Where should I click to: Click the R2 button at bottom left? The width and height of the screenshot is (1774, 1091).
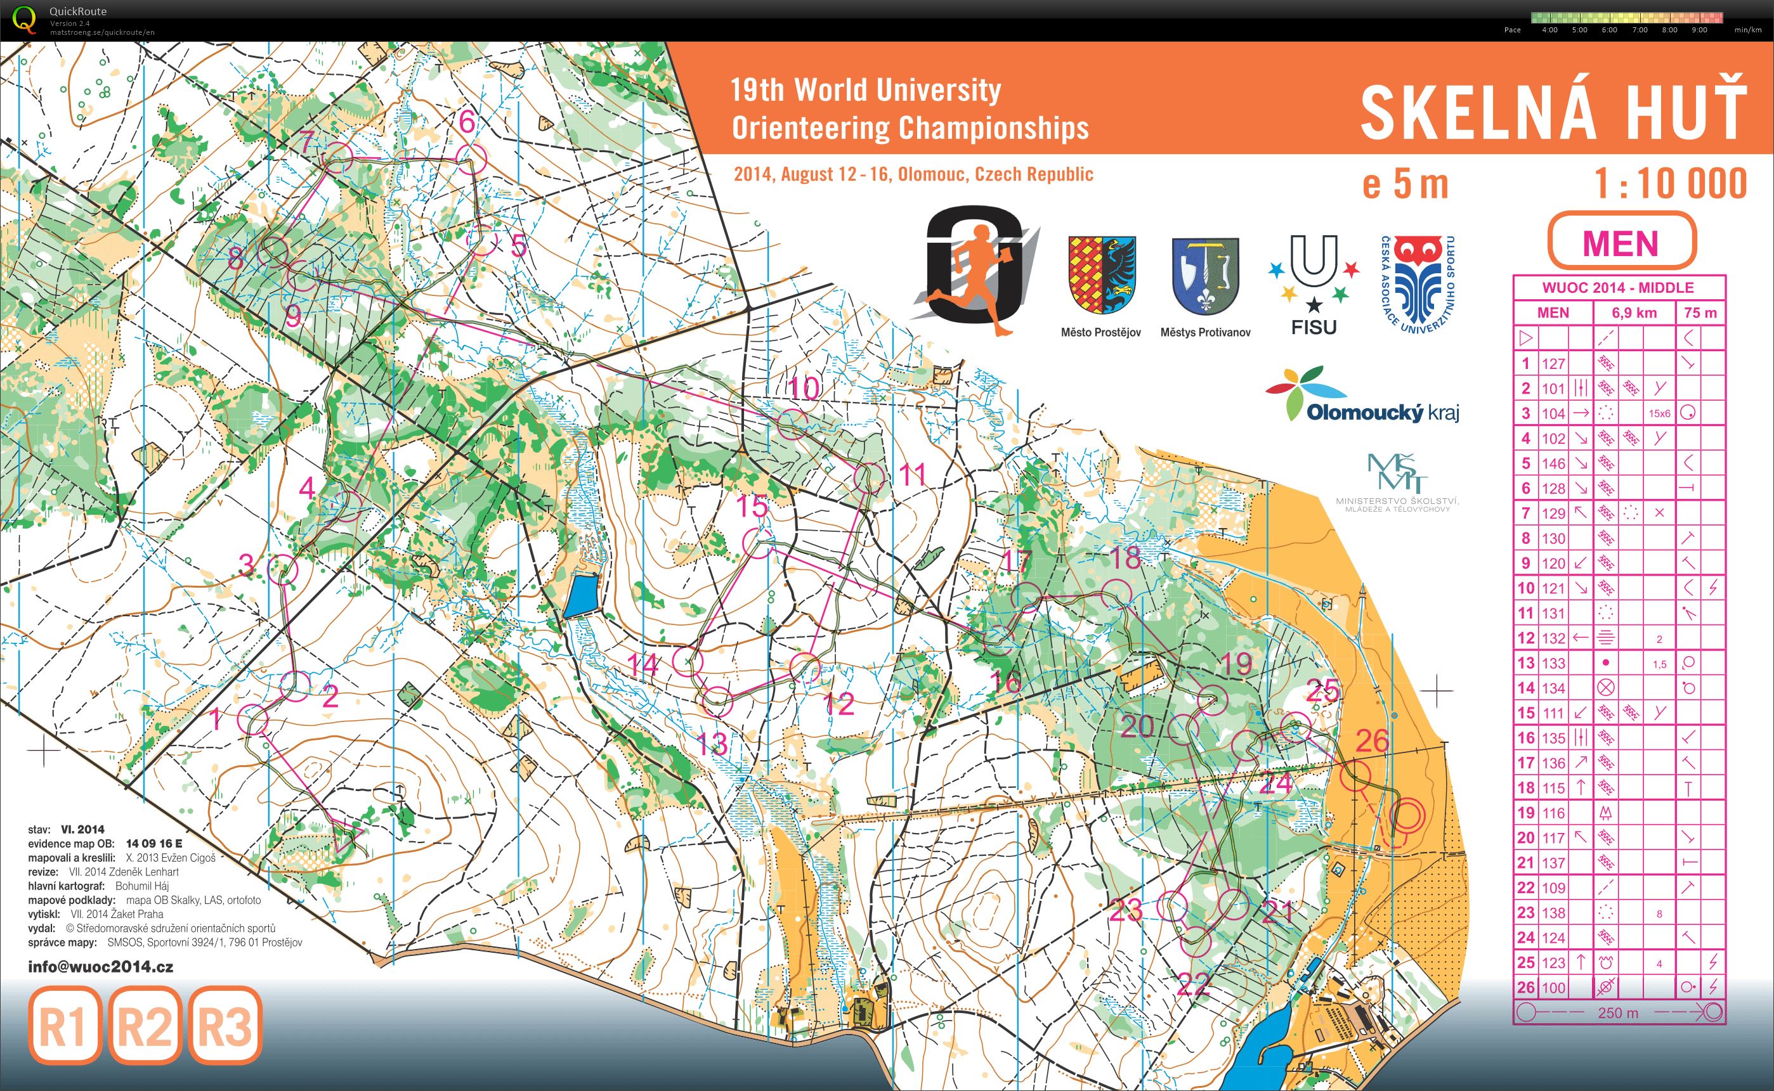click(145, 1025)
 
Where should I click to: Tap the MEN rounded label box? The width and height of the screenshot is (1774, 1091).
click(1621, 242)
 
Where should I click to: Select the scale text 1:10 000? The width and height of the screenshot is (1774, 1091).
click(1670, 184)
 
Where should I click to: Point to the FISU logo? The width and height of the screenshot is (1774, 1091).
click(1314, 286)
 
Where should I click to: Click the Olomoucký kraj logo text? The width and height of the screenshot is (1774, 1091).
click(1382, 413)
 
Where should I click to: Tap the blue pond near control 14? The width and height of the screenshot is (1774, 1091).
click(581, 595)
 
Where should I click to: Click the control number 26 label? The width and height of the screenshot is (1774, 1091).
click(1372, 740)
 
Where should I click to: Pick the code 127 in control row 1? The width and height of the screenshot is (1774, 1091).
click(1553, 364)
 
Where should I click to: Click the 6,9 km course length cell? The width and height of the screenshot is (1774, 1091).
click(1633, 313)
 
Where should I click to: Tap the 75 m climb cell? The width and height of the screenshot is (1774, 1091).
click(1700, 313)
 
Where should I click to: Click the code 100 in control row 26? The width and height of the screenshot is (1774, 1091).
click(1553, 988)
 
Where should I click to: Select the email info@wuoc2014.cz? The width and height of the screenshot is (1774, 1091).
click(100, 967)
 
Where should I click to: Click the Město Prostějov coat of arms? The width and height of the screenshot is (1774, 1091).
click(1101, 274)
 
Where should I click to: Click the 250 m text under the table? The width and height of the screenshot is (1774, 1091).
click(1617, 1012)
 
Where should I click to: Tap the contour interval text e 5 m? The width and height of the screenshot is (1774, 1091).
click(1404, 184)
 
